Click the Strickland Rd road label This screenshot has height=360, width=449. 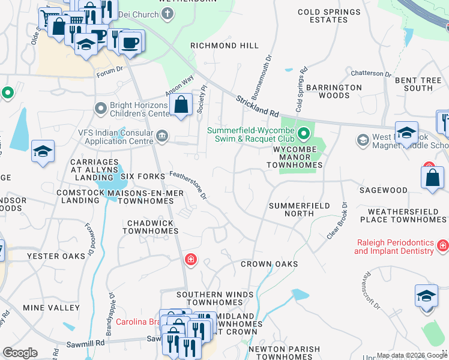pos(258,106)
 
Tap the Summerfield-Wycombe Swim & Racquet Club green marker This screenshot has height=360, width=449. pos(304,133)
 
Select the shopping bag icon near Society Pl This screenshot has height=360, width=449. pos(181,106)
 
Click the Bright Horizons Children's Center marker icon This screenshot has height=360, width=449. pos(100,109)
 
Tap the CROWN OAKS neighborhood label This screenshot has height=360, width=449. pos(269,264)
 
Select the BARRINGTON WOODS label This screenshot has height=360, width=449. pos(334,91)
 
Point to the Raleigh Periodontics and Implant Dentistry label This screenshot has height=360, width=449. pos(394,247)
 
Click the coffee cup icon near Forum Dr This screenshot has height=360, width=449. pos(130,43)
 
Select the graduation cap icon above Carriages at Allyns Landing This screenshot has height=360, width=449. pos(43,152)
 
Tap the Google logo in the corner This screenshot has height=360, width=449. pos(20,353)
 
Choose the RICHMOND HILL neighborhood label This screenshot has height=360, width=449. pos(224,46)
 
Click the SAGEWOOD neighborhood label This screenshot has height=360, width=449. pos(383,190)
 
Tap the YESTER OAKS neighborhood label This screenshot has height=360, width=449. pos(52,256)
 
